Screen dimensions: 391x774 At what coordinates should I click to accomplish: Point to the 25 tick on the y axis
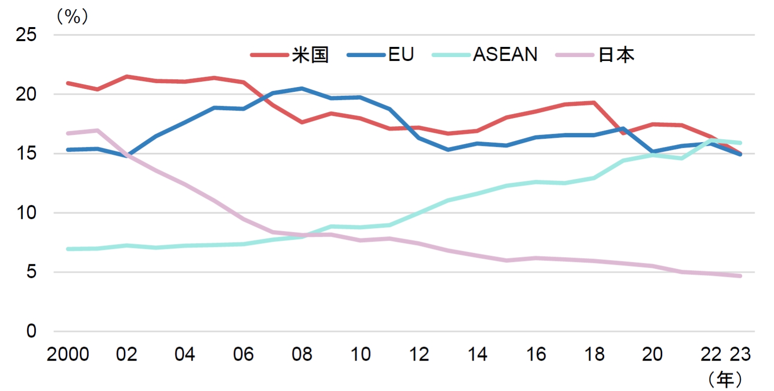pyautogui.click(x=26, y=35)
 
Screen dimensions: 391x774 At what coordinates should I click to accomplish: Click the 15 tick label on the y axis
pyautogui.click(x=26, y=154)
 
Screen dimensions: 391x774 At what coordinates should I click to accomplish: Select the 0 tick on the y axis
pyautogui.click(x=31, y=332)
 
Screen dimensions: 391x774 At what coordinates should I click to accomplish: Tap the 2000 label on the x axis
pyautogui.click(x=68, y=355)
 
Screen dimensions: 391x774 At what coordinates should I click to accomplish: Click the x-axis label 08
pyautogui.click(x=302, y=355)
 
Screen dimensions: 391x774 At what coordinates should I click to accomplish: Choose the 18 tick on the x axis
pyautogui.click(x=594, y=355)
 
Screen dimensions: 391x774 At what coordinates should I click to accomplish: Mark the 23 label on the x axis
pyautogui.click(x=740, y=355)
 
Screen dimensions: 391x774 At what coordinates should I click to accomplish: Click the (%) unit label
pyautogui.click(x=72, y=17)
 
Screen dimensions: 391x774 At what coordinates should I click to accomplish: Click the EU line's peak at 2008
pyautogui.click(x=302, y=88)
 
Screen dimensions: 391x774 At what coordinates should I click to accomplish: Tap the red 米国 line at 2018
pyautogui.click(x=594, y=102)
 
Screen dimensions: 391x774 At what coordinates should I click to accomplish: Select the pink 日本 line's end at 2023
pyautogui.click(x=740, y=276)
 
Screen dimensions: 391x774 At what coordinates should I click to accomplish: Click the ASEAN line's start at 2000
pyautogui.click(x=68, y=249)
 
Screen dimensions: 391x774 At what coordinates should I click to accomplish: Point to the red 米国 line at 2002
pyautogui.click(x=127, y=76)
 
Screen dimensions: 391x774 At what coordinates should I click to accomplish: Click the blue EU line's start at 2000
pyautogui.click(x=68, y=150)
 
